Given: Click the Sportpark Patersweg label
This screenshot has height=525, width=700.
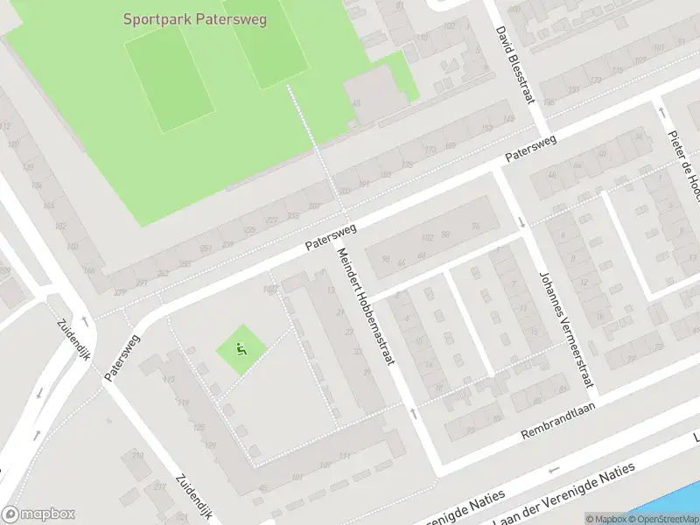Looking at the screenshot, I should [x=194, y=18].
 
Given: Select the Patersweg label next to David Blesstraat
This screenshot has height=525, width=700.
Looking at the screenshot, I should [x=530, y=149].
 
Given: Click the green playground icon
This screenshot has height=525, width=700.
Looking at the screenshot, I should [x=241, y=351].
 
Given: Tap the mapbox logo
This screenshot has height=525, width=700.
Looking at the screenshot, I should [x=38, y=514].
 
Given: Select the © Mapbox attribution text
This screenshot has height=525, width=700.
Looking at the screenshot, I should [x=605, y=519].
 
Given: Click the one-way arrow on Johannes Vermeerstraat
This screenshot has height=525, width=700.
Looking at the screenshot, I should [x=523, y=221].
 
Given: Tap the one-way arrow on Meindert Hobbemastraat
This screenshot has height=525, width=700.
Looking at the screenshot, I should [x=413, y=410].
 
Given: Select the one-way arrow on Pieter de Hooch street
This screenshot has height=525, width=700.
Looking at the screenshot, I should [x=661, y=112].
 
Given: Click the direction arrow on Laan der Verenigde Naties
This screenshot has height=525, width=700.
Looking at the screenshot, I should [x=553, y=471].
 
